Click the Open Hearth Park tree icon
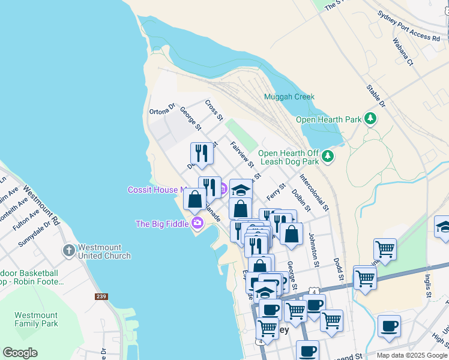coord(371,119)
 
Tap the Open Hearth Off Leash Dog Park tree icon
coord(327,157)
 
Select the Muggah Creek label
coord(289,97)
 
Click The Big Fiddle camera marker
coord(197,224)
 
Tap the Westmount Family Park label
coord(36,319)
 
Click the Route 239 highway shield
coord(102,296)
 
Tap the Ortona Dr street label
coord(162,110)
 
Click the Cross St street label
coord(214,109)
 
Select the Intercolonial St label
coord(314,193)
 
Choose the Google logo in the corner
coord(20,353)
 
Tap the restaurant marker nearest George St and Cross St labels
coord(202,154)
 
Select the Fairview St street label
coord(243,155)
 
